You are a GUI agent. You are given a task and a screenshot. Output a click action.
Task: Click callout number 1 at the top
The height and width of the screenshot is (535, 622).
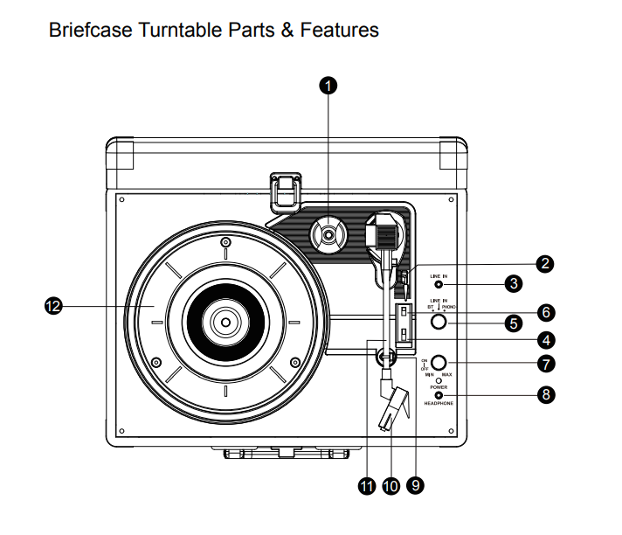coord(328,85)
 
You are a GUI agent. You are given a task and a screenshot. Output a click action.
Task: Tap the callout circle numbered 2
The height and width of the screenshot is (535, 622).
coord(544,263)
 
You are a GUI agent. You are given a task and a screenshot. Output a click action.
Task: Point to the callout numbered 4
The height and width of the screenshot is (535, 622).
coord(544,341)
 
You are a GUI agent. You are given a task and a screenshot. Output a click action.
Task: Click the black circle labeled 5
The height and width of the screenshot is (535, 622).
coord(515,323)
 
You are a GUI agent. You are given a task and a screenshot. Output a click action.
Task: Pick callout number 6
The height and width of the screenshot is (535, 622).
coord(544,311)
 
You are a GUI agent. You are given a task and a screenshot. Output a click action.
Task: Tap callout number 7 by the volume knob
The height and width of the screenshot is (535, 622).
coord(545,363)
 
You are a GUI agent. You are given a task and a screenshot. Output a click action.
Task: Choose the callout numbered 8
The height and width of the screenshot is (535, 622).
coord(545,395)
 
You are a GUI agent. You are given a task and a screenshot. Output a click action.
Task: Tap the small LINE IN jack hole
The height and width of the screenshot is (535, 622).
coord(439,285)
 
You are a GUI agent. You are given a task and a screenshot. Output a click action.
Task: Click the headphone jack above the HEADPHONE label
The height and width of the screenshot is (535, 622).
coord(439,395)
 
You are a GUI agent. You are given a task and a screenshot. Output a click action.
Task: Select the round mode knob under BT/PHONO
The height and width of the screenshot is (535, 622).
coord(439,323)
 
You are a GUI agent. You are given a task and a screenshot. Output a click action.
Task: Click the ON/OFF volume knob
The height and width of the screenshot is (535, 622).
coord(439,363)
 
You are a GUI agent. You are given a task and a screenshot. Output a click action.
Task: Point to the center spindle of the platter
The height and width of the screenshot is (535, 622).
coord(225,322)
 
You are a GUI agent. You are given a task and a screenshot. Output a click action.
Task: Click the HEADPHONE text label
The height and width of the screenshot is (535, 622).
coord(439,404)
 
